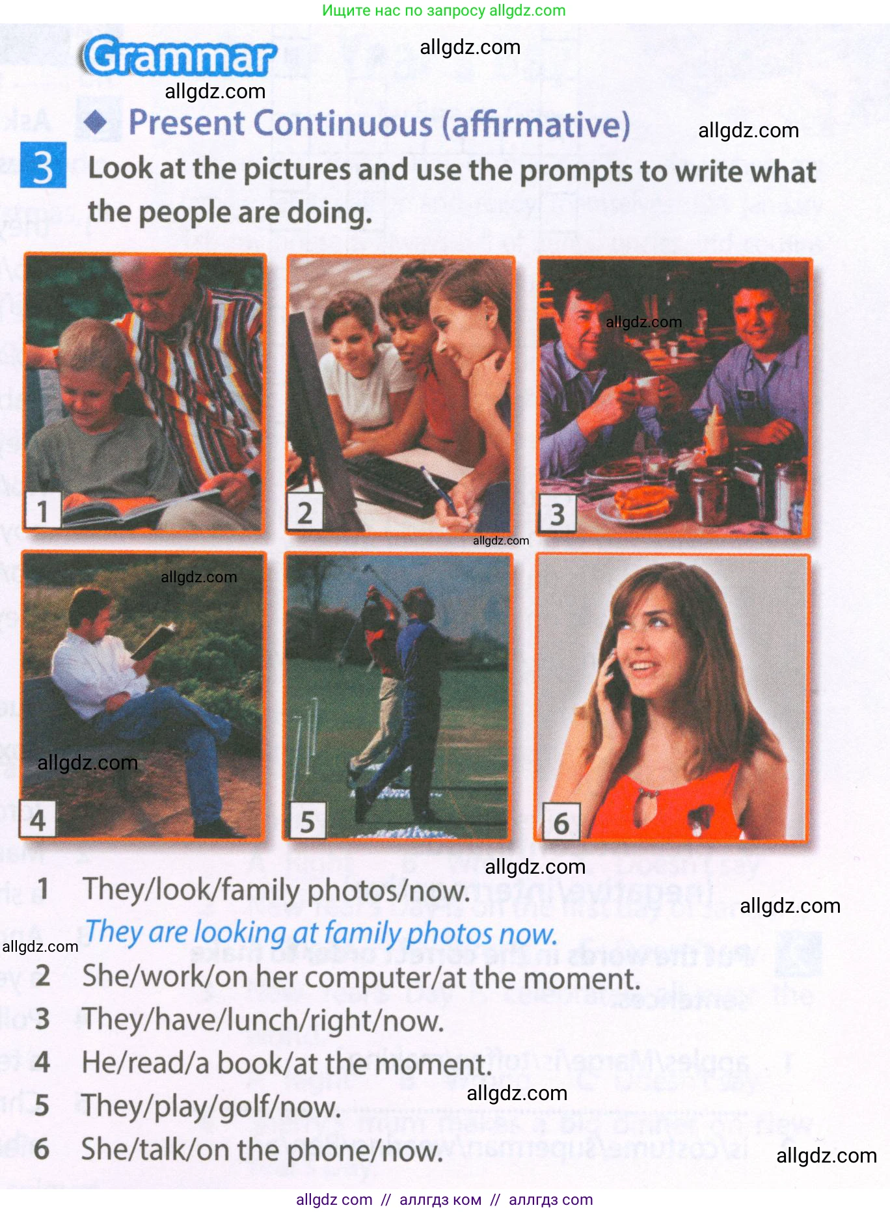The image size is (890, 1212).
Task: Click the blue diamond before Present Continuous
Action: pos(98,122)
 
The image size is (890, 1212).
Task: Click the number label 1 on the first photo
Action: pos(42,511)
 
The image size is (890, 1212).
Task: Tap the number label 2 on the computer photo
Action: pos(304,513)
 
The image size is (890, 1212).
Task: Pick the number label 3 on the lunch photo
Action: pos(558,515)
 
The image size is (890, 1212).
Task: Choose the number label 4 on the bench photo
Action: pos(38,820)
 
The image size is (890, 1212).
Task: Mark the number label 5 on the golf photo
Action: pos(307,822)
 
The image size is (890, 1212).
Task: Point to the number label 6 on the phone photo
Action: pos(561,824)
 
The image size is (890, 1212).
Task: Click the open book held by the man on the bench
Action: pos(154,641)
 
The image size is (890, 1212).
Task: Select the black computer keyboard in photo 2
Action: pos(397,481)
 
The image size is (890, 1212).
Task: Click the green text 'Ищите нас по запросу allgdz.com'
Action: pos(444,10)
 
